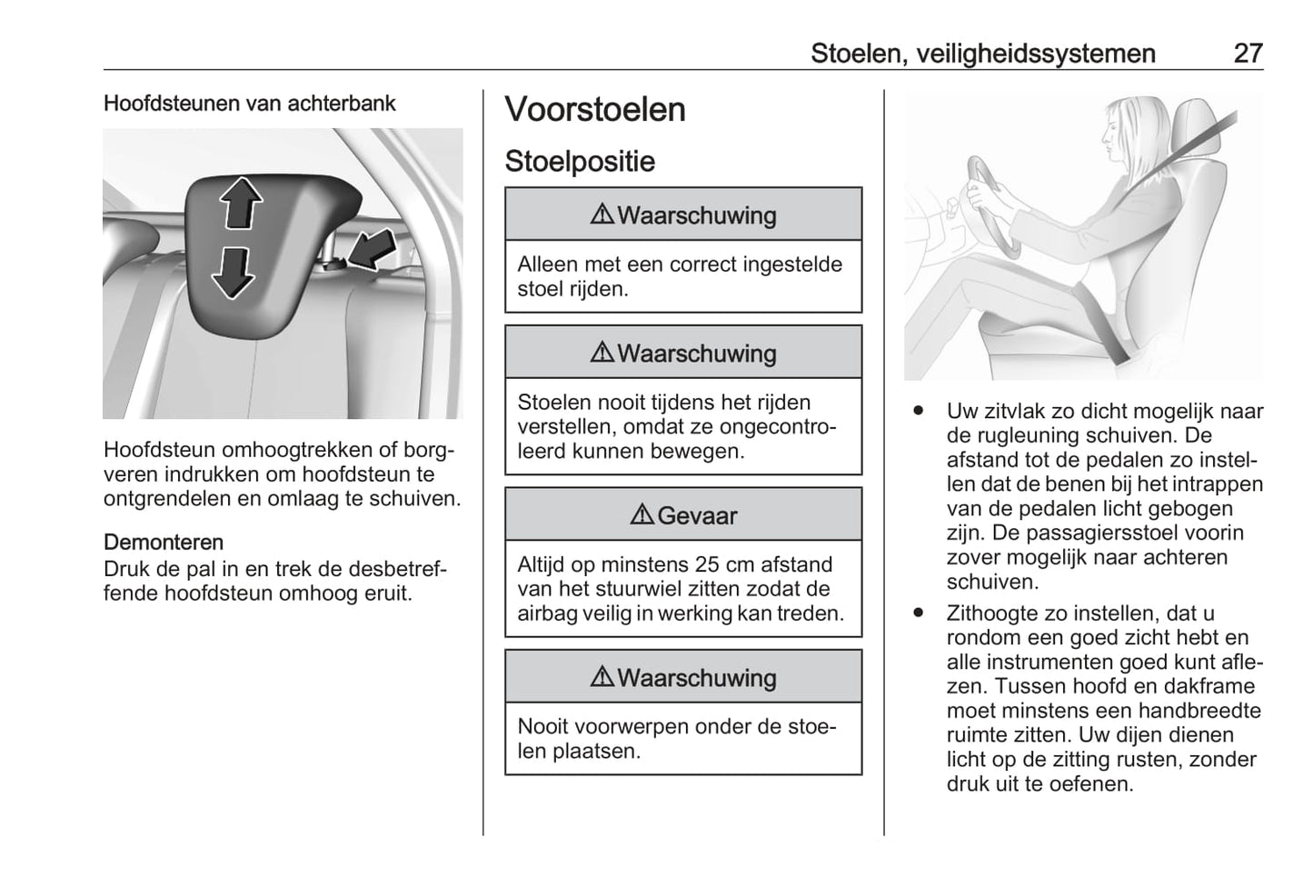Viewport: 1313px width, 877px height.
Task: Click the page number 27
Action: [x=1248, y=53]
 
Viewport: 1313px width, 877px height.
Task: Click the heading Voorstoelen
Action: [x=595, y=110]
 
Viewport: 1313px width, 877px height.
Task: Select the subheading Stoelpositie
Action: [x=580, y=162]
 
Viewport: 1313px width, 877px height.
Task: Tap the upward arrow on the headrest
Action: [x=242, y=202]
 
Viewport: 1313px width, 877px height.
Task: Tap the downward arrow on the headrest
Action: [x=234, y=272]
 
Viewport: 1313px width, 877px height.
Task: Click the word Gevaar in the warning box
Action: [x=697, y=515]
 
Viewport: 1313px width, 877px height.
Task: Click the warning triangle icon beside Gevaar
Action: [x=642, y=515]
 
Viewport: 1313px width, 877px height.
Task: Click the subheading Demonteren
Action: [x=164, y=543]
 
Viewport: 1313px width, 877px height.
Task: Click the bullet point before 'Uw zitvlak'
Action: [x=919, y=412]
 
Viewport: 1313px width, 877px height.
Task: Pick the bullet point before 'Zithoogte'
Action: [x=919, y=613]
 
